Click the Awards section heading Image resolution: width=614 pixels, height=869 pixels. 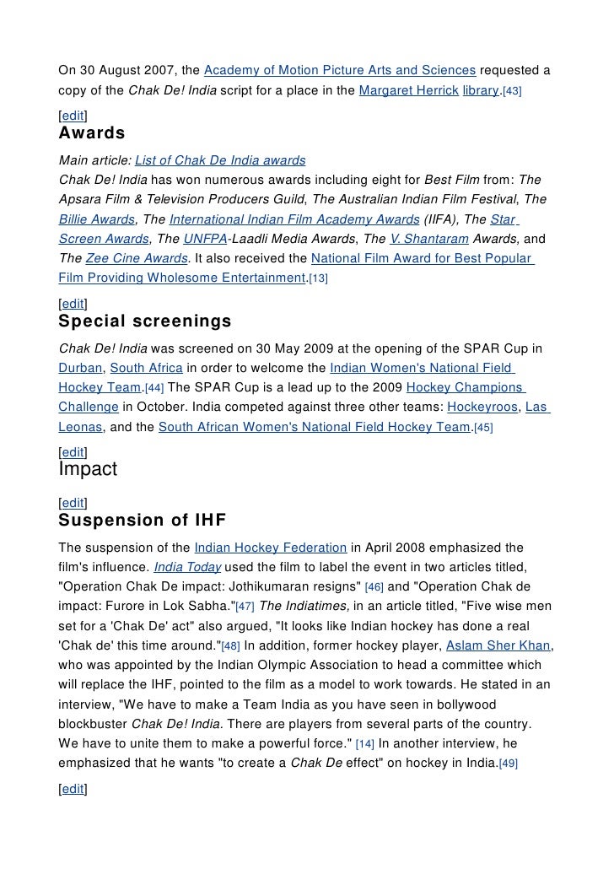(x=92, y=133)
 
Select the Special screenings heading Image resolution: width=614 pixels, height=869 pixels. (x=144, y=321)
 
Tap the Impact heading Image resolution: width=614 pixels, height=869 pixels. (x=88, y=469)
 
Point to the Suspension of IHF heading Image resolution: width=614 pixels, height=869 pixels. (x=143, y=520)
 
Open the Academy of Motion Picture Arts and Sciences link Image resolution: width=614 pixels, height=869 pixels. (x=341, y=67)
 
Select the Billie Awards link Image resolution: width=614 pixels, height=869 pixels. (x=96, y=219)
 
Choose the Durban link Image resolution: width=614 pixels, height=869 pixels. (x=80, y=368)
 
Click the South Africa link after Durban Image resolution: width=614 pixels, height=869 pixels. (x=146, y=368)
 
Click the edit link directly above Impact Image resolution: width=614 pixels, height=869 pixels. (x=73, y=452)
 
